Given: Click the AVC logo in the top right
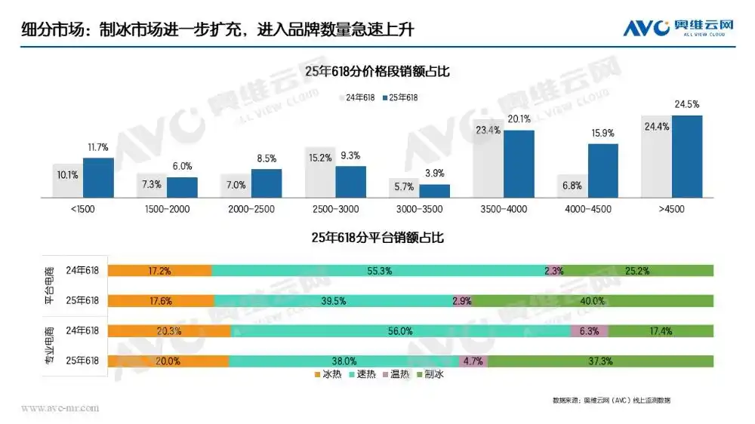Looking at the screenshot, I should click(x=678, y=28).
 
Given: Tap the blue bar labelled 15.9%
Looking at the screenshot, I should click(x=602, y=170).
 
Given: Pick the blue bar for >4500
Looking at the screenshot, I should click(x=687, y=155).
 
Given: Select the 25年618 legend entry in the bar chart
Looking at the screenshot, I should click(x=399, y=97).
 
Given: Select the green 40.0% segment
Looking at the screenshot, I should click(x=593, y=300).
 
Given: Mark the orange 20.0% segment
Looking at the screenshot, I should click(x=168, y=361).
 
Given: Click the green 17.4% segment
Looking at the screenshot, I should click(x=661, y=330).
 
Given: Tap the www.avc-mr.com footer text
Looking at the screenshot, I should click(x=60, y=408).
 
